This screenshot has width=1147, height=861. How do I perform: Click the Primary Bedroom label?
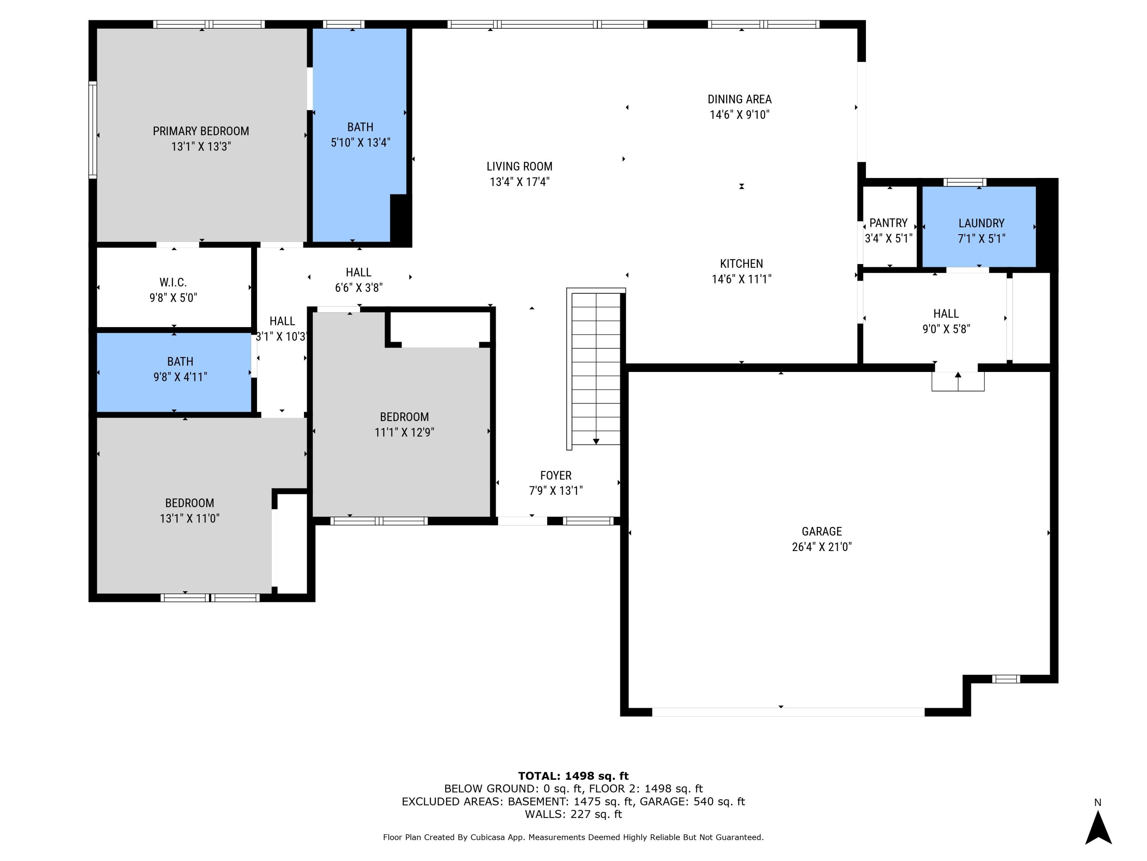coord(201,131)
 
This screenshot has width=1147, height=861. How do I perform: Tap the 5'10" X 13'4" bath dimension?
coord(361,142)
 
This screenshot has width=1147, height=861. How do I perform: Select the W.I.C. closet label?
coord(173,282)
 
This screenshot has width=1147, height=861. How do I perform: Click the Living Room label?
coord(519,166)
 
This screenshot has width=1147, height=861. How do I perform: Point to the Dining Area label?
coord(739,99)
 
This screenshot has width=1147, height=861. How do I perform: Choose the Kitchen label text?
coord(741,264)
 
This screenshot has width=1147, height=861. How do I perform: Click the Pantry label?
coord(888,223)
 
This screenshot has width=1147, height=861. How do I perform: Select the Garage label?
coord(821,532)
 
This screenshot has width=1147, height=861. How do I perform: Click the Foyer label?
coord(556,475)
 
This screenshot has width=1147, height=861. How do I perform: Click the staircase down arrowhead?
coord(596,441)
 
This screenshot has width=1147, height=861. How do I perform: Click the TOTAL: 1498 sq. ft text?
coord(573,776)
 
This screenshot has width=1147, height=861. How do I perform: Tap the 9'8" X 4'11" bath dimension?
coord(180,377)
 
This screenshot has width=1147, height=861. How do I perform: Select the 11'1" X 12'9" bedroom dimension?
coord(404,432)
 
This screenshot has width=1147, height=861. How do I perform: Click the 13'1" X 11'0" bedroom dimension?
coord(189,518)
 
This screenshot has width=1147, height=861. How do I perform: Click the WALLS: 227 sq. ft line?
coord(573,814)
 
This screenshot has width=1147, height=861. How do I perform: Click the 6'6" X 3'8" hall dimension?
coord(358,287)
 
